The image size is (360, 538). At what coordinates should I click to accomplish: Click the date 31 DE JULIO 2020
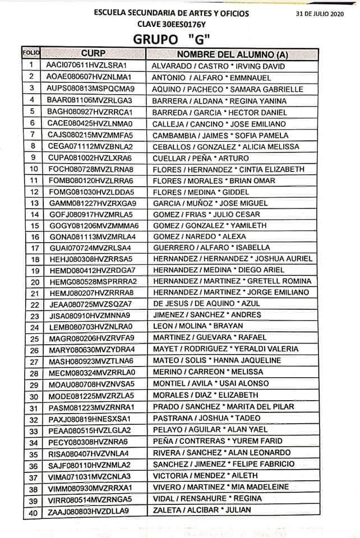pos(318,13)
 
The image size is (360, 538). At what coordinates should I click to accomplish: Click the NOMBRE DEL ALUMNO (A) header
pos(232,54)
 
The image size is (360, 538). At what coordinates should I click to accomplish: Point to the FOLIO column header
pos(31,53)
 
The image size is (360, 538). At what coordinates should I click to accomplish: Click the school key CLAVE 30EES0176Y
pos(172,24)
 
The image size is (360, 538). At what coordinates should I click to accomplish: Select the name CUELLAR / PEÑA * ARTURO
pos(201,158)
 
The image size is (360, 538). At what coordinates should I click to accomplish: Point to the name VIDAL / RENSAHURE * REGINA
pos(207,499)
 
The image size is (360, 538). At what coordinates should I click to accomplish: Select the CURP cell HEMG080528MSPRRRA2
pos(93,281)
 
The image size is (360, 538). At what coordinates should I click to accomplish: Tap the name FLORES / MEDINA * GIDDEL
pos(202,192)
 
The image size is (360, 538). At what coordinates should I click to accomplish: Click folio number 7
pos(33,134)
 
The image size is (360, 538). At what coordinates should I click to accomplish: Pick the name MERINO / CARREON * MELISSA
pos(207,372)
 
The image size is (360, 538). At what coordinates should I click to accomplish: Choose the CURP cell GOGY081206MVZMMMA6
pos(93,225)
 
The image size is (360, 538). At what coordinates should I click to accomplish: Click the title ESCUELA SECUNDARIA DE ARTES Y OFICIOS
pos(172,13)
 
